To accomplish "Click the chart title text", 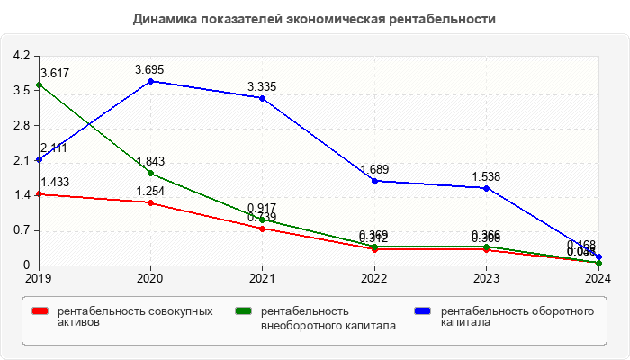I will click(x=315, y=18).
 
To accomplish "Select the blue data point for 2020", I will click(x=150, y=81).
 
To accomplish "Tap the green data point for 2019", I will click(x=39, y=85).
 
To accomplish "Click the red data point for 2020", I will click(x=150, y=202).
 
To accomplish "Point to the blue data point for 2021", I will click(x=262, y=98).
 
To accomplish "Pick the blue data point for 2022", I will click(x=374, y=181).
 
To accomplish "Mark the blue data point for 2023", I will click(x=486, y=188).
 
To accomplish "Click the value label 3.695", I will click(x=150, y=69).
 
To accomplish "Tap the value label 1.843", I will click(x=150, y=161).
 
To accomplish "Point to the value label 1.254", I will click(x=150, y=191).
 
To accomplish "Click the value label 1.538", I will click(x=486, y=176).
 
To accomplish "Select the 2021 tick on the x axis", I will click(x=262, y=278).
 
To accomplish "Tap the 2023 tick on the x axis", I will click(x=486, y=278).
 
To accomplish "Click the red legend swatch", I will click(x=40, y=310).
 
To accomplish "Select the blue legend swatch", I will click(x=421, y=310).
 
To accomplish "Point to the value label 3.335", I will click(x=262, y=86).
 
